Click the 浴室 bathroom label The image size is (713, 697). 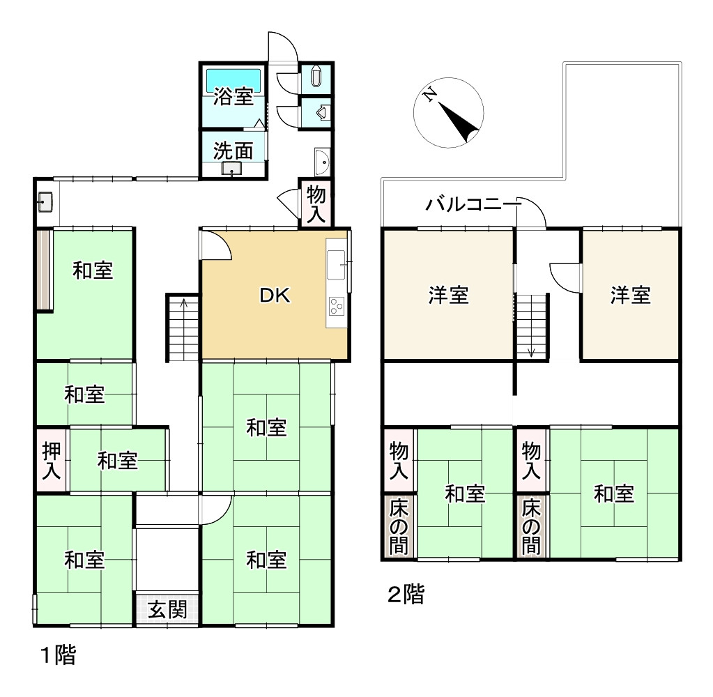(233, 96)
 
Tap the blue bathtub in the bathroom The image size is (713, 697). (233, 81)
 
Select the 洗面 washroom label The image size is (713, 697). (233, 151)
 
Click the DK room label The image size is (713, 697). (275, 296)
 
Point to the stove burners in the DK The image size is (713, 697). (337, 305)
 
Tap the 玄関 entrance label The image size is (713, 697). (167, 609)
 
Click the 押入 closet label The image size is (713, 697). (51, 461)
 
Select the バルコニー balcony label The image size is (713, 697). (471, 204)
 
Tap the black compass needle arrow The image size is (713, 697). (459, 121)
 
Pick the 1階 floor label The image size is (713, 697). (59, 655)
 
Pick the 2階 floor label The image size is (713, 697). (406, 594)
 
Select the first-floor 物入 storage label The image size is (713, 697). (316, 204)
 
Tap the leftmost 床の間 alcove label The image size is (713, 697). (399, 526)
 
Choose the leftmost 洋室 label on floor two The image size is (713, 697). (448, 295)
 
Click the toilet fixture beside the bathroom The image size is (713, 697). (316, 77)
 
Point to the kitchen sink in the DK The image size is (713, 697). (335, 265)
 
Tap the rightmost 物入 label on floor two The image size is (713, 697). (531, 461)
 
